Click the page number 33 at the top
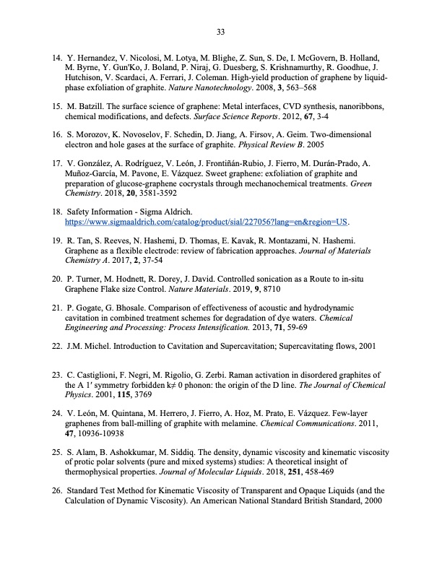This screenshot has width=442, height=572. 221,30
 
